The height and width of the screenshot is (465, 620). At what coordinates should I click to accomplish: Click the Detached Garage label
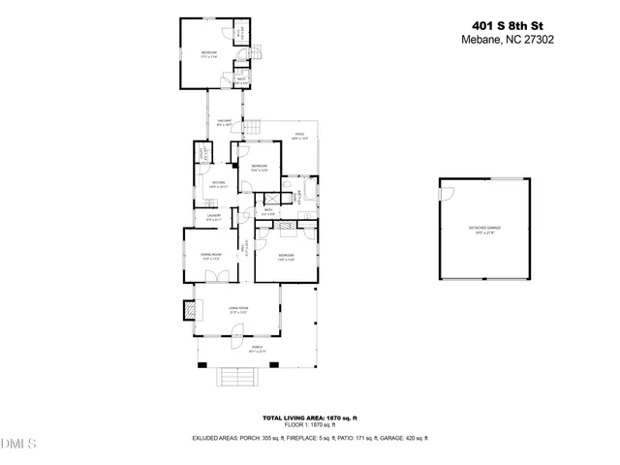[x=484, y=229]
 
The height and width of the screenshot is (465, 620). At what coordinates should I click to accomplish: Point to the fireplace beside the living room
[x=188, y=310]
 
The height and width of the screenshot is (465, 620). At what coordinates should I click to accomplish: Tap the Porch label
[x=257, y=349]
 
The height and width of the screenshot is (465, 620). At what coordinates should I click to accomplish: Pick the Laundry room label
[x=213, y=217]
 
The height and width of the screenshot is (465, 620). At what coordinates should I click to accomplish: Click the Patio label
[x=300, y=136]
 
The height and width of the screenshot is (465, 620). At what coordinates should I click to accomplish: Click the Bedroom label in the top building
[x=208, y=53]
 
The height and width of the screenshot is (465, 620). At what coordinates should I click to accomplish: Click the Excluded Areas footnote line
[x=310, y=438]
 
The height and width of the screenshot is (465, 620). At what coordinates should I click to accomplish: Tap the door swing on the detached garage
[x=446, y=191]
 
